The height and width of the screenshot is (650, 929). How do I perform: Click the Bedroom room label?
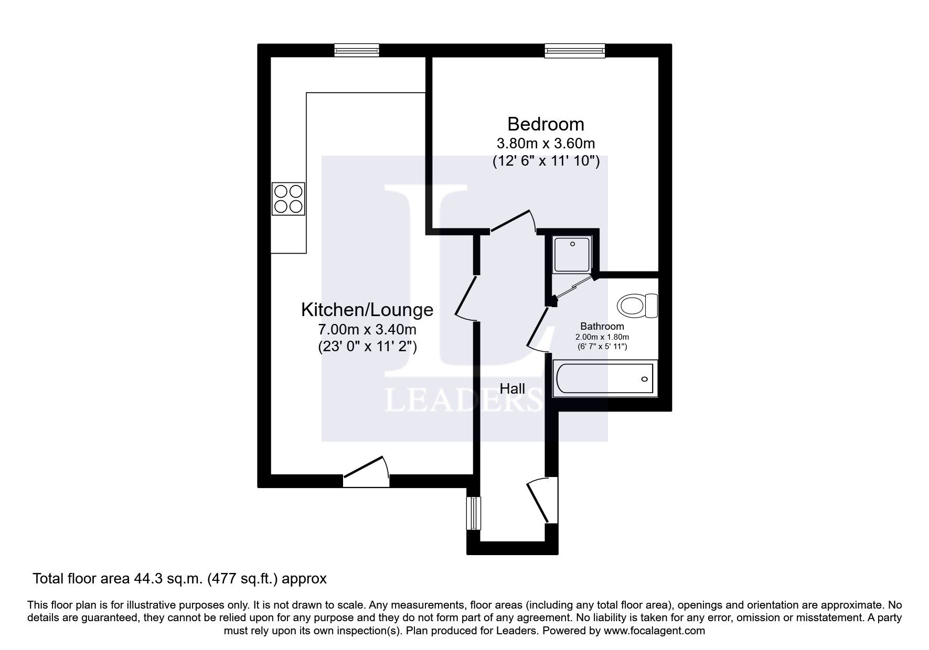tap(546, 124)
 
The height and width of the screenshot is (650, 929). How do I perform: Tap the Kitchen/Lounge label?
tap(367, 310)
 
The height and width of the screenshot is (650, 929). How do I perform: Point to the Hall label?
tap(512, 388)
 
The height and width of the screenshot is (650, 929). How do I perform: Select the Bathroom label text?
tap(602, 327)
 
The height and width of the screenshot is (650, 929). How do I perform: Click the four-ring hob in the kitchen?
tap(288, 199)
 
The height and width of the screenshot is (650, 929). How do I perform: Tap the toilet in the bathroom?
tap(637, 306)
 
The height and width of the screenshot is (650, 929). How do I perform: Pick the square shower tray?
tap(572, 254)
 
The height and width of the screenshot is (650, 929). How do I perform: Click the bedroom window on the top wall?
tap(575, 50)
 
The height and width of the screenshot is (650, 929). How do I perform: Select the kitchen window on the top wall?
tap(357, 50)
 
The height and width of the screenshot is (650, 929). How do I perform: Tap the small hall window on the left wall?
tap(474, 513)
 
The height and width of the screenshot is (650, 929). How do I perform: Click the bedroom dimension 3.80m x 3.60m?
tap(546, 143)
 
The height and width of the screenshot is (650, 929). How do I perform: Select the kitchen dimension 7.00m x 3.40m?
tap(367, 330)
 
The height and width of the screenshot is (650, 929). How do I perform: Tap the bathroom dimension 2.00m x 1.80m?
tap(602, 337)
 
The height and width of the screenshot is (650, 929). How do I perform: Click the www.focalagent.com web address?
tap(654, 631)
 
